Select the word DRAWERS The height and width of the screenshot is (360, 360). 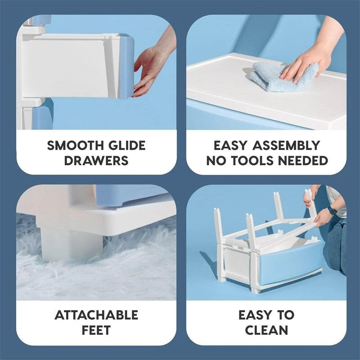point(96,161)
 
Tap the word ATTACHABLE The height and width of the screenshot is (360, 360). point(96,315)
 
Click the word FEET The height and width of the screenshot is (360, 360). point(96,330)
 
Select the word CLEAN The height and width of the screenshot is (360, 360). point(266,330)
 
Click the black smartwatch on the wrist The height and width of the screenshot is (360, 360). point(332,210)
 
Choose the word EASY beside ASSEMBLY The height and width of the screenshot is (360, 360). point(232,146)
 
